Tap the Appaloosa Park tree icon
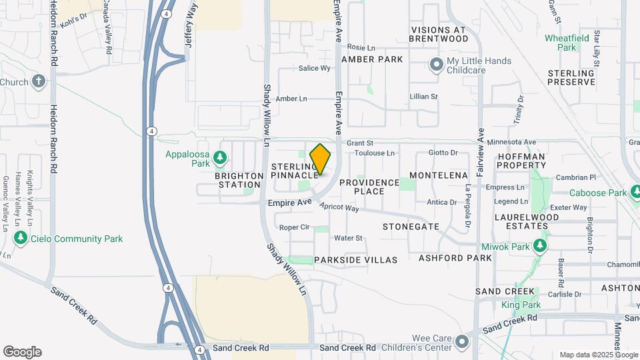coord(220,158)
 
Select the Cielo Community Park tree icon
coord(21,238)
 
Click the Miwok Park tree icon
coord(540,247)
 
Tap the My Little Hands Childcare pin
coord(436,65)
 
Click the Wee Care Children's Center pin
coord(462,343)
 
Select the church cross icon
coord(39,82)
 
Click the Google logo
coord(22,352)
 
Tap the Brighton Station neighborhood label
coord(238,180)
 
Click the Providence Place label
coord(369,187)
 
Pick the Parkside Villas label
coord(356,259)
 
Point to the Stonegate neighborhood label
coord(411,227)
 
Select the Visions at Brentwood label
coord(449,35)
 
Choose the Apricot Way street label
coord(339,208)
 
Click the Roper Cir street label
coord(294,227)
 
